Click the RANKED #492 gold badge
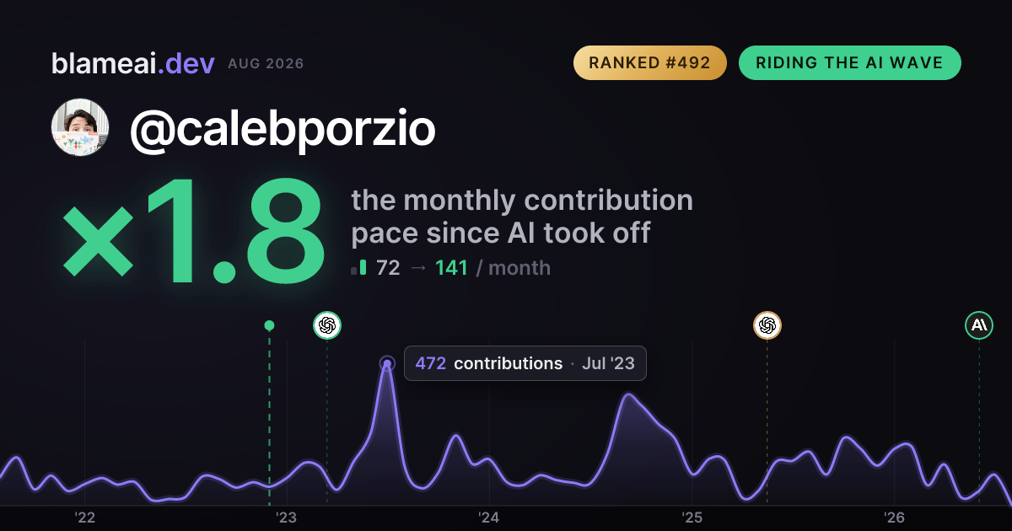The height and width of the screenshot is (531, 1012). pos(649,62)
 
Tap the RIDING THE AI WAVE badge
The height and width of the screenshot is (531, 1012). pos(850,62)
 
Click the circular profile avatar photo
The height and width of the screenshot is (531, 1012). pos(80,127)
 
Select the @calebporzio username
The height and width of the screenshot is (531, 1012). pos(283,129)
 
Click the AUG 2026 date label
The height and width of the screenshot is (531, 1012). pos(266,64)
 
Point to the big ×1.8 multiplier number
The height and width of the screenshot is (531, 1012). pos(193,230)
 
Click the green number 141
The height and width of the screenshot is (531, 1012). pos(451,268)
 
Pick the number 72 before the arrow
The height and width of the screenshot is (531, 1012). pos(388,268)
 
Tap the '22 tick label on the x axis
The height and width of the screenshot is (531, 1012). pos(84,518)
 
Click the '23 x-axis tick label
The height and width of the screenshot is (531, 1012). pos(287,518)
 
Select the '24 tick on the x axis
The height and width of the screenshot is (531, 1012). pos(489,518)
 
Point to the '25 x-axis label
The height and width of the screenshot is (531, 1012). pos(692,518)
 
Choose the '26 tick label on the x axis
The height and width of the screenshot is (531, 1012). pos(894,518)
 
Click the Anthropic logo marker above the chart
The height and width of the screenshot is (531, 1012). pos(979,325)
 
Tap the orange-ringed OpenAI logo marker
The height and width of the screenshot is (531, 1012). pos(767,325)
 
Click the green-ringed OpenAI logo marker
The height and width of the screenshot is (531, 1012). pos(327,325)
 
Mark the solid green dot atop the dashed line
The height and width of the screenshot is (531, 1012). pos(269,325)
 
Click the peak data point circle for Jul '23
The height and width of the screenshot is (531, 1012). pos(387,363)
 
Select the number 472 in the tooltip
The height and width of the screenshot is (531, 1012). pos(431,363)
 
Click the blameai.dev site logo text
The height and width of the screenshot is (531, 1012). pos(133,63)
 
